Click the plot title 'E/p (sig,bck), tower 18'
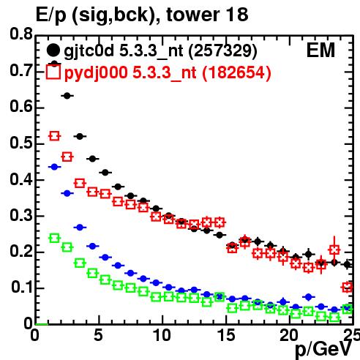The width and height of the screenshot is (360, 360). coord(142,15)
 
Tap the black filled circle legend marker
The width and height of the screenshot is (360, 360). coord(53,50)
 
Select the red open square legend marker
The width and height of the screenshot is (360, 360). coord(53,72)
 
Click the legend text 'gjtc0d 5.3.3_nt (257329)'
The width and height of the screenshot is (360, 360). coord(160,51)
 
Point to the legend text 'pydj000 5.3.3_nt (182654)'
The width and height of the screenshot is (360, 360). coord(168,73)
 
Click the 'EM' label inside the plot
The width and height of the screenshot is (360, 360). coord(320,50)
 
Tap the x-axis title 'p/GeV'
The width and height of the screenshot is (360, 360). coord(323,349)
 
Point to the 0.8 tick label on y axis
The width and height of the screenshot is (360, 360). coord(21,34)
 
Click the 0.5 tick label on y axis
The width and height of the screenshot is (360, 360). coord(21,143)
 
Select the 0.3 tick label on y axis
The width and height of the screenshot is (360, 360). coord(21,215)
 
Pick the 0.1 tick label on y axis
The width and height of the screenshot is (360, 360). coord(21,288)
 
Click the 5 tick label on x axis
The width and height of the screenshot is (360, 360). coord(98,335)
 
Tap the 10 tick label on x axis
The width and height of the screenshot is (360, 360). coord(162,335)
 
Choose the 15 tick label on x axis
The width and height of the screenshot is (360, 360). coord(226,335)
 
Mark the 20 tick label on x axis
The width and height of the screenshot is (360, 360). coord(289,335)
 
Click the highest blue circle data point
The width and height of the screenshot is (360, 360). coord(54,167)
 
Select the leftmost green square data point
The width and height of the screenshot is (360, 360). coord(54,238)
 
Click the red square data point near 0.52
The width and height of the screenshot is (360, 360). coord(54,136)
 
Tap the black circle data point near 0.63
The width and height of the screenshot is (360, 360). coord(67,96)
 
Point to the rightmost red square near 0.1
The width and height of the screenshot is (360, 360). coord(348,287)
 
